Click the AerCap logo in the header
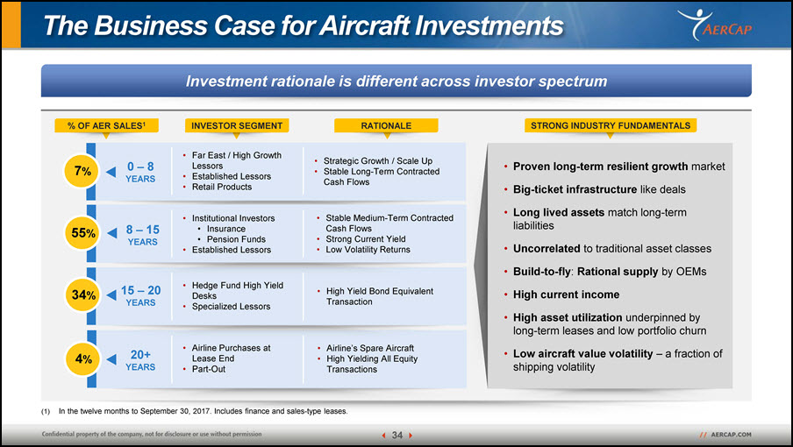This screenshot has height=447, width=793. tap(715, 25)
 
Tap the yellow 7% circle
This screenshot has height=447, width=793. tap(82, 171)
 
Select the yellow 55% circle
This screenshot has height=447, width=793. tap(82, 233)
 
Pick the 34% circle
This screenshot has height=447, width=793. tap(83, 295)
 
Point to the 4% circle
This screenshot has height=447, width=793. tap(83, 359)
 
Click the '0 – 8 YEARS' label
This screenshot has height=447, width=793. tap(140, 173)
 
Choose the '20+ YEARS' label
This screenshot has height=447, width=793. tap(140, 360)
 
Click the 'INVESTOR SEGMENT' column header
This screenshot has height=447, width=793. tap(237, 125)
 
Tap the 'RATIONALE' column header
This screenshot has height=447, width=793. tap(386, 125)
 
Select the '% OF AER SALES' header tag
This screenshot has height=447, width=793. tap(106, 125)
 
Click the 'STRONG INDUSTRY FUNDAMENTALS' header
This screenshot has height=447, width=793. tap(611, 125)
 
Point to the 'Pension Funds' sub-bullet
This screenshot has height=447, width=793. tap(236, 239)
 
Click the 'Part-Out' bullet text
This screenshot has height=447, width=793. tap(209, 369)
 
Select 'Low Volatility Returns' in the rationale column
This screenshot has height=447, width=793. tap(368, 250)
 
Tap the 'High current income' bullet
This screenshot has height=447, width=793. tap(566, 294)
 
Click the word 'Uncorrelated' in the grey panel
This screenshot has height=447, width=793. tap(547, 249)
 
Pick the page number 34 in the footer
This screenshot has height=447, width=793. tap(397, 436)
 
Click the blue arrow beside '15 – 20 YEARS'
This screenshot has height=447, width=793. tap(111, 295)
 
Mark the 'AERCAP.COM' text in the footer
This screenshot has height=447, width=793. tap(731, 435)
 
